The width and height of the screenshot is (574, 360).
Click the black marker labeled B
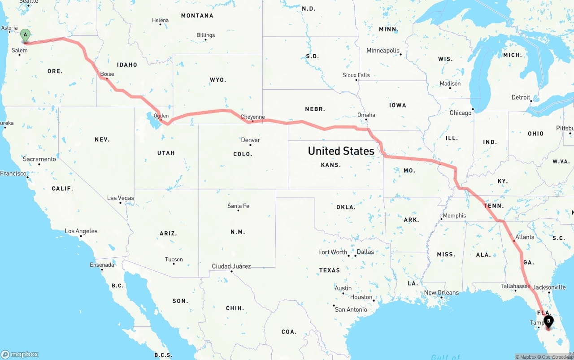[x=548, y=321]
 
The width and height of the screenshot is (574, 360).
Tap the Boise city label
[x=107, y=74]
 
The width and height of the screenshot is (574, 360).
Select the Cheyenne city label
[x=252, y=117]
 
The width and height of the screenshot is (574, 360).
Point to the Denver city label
[x=250, y=140]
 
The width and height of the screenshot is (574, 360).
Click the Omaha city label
[x=366, y=115]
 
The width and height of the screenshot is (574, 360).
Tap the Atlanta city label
[x=525, y=237]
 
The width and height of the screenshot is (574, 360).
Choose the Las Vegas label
[x=120, y=198]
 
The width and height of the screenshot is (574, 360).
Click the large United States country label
[x=341, y=151]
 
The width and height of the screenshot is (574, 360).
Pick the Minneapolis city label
[x=383, y=51]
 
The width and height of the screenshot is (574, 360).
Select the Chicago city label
[x=461, y=113]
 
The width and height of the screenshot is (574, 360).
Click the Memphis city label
[x=454, y=216]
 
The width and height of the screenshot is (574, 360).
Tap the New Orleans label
[x=441, y=293]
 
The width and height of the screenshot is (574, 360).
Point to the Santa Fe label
[x=238, y=206]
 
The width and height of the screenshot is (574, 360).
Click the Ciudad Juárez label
[x=231, y=266]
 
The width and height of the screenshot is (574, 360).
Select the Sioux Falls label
[x=356, y=75]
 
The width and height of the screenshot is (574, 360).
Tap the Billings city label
[x=205, y=35]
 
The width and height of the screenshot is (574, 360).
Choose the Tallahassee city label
[x=515, y=286]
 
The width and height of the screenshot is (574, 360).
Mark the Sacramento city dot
[x=39, y=164]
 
